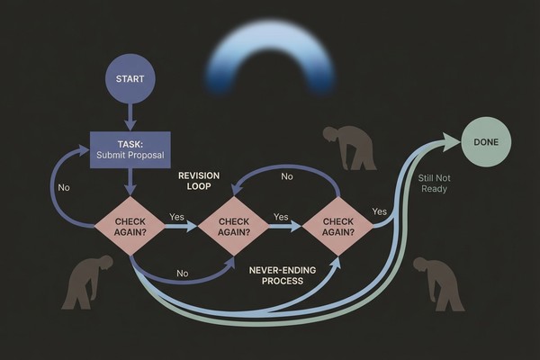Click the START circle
coord(130,78)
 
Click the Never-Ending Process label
coord(277,275)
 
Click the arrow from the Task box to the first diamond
coord(130,182)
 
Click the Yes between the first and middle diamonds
coord(178,217)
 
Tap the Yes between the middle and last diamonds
coord(281,217)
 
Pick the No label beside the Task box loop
coord(63,188)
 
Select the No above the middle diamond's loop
coord(286,176)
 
